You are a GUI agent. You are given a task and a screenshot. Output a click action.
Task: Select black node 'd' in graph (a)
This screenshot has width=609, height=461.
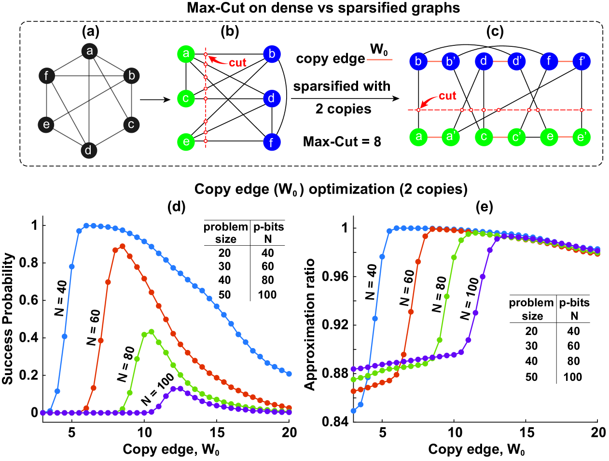88,150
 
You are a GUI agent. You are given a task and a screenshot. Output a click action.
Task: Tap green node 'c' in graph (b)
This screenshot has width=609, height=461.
186,98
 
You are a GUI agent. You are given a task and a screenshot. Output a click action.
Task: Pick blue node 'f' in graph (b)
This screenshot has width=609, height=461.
272,142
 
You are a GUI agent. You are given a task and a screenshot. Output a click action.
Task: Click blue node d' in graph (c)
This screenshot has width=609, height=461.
516,61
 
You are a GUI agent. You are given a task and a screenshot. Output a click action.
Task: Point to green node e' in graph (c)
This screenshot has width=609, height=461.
581,137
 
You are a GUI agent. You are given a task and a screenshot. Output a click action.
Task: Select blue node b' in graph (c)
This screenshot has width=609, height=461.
451,61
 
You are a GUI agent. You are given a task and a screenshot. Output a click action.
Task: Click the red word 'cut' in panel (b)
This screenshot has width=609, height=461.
237,63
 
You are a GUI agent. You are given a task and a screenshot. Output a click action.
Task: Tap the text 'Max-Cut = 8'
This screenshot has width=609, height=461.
342,141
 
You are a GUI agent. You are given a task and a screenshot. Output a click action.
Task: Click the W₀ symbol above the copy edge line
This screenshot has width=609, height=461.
379,50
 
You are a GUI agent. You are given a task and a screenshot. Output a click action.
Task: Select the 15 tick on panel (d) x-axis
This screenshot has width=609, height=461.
217,432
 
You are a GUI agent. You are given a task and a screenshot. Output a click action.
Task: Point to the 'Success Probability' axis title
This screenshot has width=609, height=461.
8,319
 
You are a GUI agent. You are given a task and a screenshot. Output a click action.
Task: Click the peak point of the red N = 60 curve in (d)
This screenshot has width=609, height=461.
122,246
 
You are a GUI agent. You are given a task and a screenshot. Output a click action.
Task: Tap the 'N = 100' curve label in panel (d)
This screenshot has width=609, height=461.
158,391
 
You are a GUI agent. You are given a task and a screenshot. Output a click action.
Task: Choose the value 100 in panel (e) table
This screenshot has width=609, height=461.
572,377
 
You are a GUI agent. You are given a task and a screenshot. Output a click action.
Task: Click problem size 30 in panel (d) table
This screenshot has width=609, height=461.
224,266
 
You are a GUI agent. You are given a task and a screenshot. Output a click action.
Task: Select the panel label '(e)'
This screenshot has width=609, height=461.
484,207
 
